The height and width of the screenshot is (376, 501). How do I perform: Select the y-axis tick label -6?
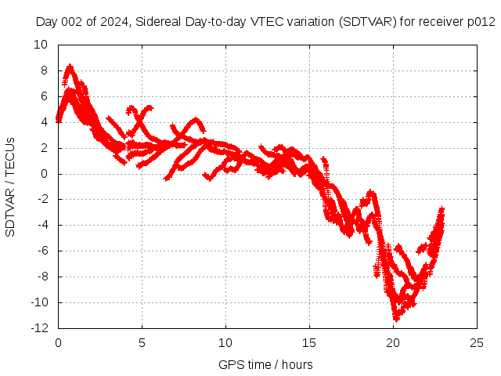click(41, 251)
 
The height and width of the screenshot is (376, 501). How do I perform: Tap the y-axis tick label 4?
click(44, 122)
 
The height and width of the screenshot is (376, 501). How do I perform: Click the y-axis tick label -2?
click(41, 200)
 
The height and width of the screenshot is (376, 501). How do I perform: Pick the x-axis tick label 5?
click(142, 342)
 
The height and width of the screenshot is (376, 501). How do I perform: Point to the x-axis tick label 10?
click(225, 342)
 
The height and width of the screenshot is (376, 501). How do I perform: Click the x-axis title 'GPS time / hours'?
click(265, 364)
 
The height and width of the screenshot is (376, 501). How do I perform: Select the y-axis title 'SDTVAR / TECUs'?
click(11, 187)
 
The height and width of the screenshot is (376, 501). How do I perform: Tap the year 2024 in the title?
click(111, 21)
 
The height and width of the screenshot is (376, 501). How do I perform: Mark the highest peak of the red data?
click(70, 67)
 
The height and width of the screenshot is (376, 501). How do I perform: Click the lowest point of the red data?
click(396, 319)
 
